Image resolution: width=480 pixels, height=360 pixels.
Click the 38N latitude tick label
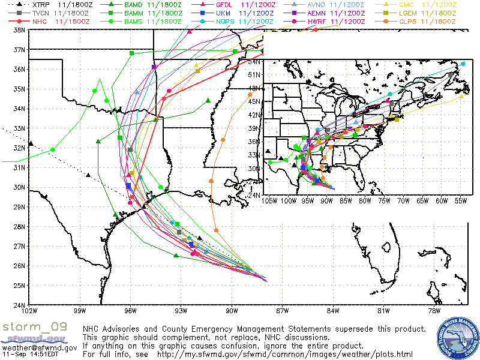click(19, 30)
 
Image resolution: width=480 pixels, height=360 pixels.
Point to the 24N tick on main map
click(19, 305)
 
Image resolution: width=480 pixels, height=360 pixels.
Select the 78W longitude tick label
click(434, 310)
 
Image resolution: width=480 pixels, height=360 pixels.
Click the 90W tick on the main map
click(231, 310)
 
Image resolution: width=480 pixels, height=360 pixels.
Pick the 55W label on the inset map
click(461, 202)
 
